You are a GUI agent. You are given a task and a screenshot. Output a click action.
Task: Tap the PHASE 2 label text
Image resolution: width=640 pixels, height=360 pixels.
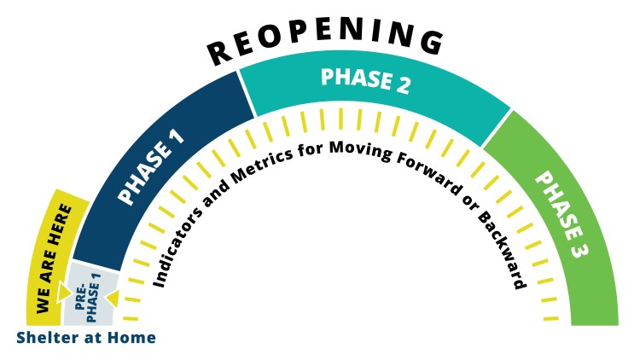[x=365, y=81]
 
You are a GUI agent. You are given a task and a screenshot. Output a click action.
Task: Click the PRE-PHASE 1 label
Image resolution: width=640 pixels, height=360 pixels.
[x=88, y=297]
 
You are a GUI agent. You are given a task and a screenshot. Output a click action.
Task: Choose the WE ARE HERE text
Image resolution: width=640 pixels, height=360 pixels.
[x=54, y=259]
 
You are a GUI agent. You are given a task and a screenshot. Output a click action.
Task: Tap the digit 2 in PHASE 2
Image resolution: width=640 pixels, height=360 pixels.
[x=401, y=85]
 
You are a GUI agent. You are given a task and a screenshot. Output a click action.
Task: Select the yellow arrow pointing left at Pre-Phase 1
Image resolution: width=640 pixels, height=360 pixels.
[x=113, y=299]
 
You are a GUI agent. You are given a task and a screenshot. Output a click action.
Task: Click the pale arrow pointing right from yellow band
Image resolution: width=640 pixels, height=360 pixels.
[x=64, y=293]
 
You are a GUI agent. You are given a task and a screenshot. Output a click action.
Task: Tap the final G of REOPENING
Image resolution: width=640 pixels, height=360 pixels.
[x=432, y=43]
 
